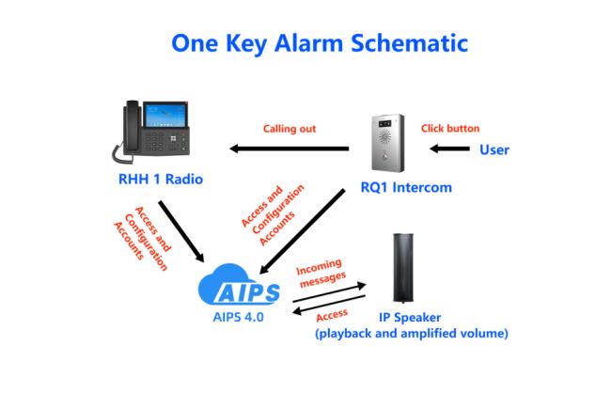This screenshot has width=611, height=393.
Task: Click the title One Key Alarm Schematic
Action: click(320, 43)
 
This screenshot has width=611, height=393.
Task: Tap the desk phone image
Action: click(150, 132)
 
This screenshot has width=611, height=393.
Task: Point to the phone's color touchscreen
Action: click(164, 114)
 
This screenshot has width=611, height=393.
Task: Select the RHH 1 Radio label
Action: click(161, 180)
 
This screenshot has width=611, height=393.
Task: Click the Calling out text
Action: click(290, 129)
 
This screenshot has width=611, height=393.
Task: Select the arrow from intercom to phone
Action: click(290, 149)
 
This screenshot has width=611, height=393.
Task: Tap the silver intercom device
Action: click(387, 143)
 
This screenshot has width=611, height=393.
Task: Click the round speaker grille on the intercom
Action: click(384, 136)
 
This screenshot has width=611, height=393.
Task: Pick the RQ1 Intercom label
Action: click(406, 187)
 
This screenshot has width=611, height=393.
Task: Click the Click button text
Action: click(450, 128)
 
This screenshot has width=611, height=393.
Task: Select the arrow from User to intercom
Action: click(449, 149)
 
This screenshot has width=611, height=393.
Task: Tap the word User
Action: click(494, 149)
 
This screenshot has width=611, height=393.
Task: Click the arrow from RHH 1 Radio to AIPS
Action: click(181, 231)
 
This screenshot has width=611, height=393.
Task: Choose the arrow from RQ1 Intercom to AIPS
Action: click(302, 231)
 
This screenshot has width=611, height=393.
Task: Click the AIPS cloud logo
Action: click(239, 285)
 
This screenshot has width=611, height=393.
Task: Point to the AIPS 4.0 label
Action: click(239, 317)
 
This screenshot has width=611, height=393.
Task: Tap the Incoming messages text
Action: click(321, 273)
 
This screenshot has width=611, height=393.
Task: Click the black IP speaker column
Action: click(403, 268)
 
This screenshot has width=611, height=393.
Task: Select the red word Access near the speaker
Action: click(332, 315)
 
